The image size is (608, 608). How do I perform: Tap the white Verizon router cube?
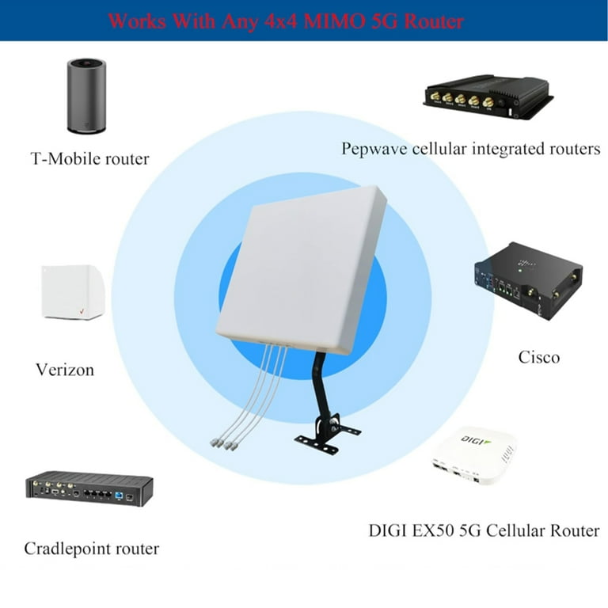[x=73, y=291]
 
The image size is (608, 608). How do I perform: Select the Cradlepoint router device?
[x=89, y=488]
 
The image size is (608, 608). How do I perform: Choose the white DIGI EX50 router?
[x=474, y=458]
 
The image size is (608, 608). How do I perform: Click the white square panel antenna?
[x=301, y=269]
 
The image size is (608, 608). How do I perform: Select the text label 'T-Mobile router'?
[x=89, y=159]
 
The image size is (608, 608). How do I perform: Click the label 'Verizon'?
[x=65, y=370]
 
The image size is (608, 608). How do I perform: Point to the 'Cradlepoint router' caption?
[x=92, y=549]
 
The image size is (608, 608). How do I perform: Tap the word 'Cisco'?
[x=539, y=357]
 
